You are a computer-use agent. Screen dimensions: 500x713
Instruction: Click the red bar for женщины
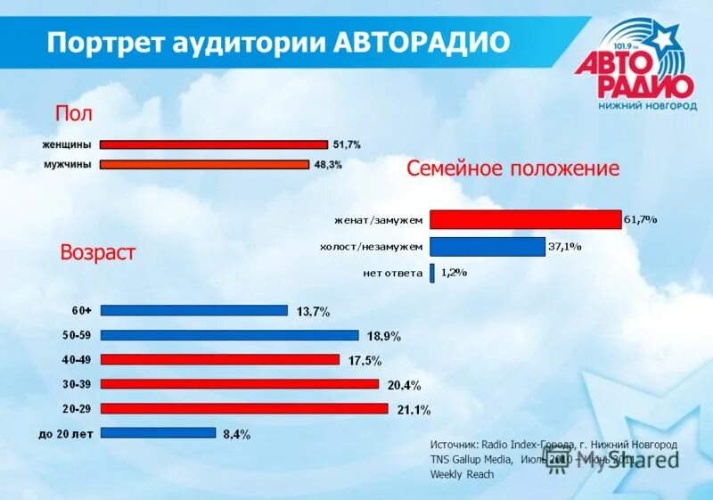pyautogui.click(x=214, y=144)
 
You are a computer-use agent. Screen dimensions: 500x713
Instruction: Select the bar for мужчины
pyautogui.click(x=204, y=164)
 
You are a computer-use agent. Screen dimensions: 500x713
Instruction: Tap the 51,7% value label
pyautogui.click(x=347, y=144)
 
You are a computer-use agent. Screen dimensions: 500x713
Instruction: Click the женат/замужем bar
pyautogui.click(x=525, y=220)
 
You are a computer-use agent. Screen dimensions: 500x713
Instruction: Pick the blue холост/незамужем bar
pyautogui.click(x=487, y=247)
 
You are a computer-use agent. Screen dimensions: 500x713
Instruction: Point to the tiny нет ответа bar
pyautogui.click(x=432, y=273)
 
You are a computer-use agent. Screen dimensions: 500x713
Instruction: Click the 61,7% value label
pyautogui.click(x=640, y=219)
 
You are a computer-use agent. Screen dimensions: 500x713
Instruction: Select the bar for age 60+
pyautogui.click(x=194, y=310)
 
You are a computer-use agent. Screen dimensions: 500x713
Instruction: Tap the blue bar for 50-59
pyautogui.click(x=229, y=335)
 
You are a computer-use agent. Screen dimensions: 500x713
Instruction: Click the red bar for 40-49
pyautogui.click(x=220, y=359)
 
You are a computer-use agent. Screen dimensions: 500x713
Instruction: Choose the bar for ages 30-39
pyautogui.click(x=240, y=384)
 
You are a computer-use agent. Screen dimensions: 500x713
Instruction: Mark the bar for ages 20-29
pyautogui.click(x=244, y=408)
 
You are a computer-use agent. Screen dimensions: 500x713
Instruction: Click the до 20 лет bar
pyautogui.click(x=158, y=433)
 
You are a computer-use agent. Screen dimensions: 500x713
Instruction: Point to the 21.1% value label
pyautogui.click(x=414, y=410)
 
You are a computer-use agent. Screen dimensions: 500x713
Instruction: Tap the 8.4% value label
pyautogui.click(x=236, y=435)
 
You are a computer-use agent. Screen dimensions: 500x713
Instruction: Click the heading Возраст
pyautogui.click(x=98, y=252)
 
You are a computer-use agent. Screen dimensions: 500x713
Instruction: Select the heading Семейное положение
pyautogui.click(x=512, y=168)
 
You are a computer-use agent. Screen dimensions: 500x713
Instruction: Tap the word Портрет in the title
pyautogui.click(x=99, y=42)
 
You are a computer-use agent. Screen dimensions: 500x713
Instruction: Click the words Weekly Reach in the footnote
pyautogui.click(x=462, y=474)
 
